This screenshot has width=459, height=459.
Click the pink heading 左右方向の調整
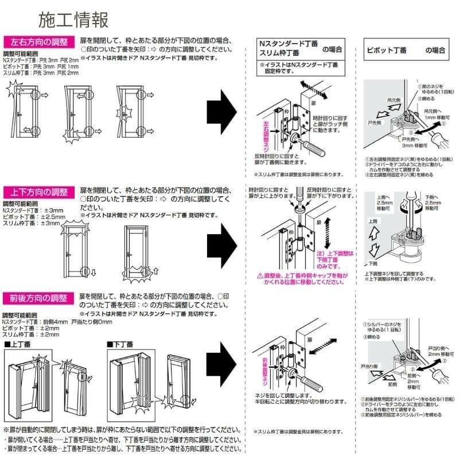coord(39,42)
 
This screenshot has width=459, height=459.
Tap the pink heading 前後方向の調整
coord(39,298)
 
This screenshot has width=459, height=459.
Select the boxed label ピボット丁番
coord(386,50)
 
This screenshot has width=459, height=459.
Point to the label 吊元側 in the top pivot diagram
coord(394,99)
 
